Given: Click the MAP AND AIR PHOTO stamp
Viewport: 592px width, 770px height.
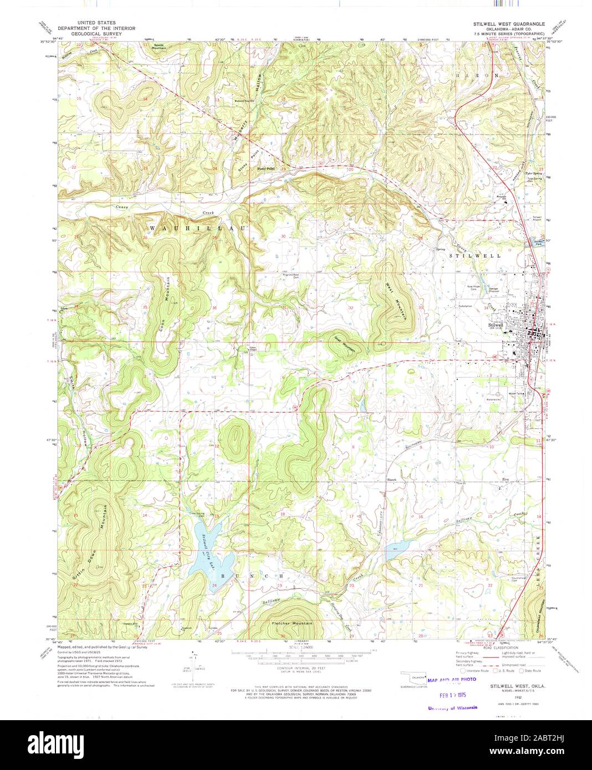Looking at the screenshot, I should (451, 679).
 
